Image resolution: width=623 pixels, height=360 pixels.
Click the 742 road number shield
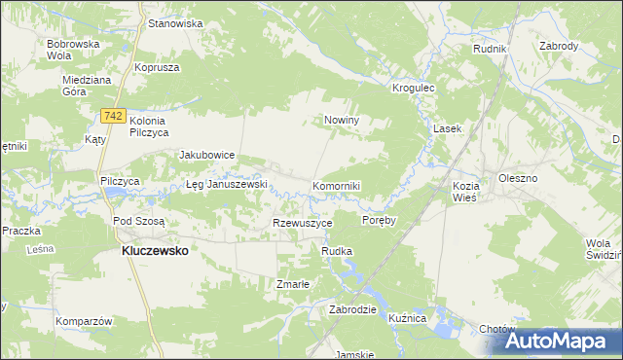coord(113,116)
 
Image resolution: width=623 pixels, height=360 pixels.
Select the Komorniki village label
coord(337,185)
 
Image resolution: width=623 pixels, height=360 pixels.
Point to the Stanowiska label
coord(175,22)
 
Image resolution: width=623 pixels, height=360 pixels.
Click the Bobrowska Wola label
coord(74,51)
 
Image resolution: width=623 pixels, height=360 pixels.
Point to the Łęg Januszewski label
coord(226,185)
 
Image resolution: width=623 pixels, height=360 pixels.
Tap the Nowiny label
coord(342,121)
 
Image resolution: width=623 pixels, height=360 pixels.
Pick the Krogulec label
coord(412,88)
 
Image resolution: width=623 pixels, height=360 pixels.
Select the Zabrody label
coord(559,46)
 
